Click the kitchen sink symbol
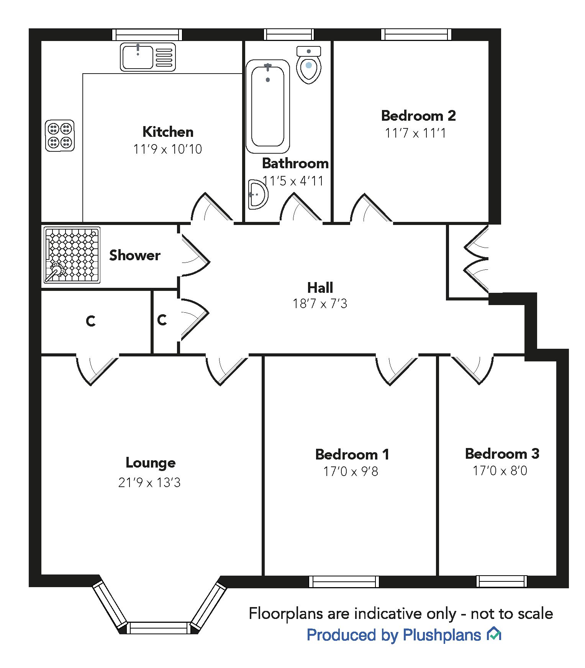click(148, 57)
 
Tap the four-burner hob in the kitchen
click(60, 135)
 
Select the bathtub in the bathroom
click(268, 106)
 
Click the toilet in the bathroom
click(309, 65)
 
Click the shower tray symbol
click(72, 255)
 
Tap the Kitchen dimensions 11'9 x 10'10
click(167, 149)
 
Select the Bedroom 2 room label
click(418, 115)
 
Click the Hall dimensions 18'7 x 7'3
click(320, 304)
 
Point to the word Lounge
click(151, 463)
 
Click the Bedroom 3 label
click(502, 454)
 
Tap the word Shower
click(135, 255)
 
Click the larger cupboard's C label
click(91, 321)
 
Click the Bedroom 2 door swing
click(370, 209)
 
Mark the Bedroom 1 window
click(344, 581)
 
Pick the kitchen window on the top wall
click(147, 34)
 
